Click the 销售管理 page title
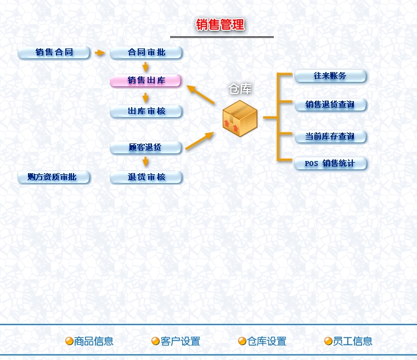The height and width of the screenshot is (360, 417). pyautogui.click(x=220, y=25)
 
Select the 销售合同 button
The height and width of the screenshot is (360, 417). pyautogui.click(x=54, y=53)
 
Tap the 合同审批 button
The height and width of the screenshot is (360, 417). pyautogui.click(x=146, y=53)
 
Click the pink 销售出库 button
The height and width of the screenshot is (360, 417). pyautogui.click(x=146, y=81)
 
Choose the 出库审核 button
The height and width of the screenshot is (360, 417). pyautogui.click(x=146, y=112)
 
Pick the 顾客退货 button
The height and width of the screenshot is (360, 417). pyautogui.click(x=146, y=147)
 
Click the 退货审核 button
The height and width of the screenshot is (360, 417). pyautogui.click(x=146, y=177)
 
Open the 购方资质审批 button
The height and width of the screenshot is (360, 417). pyautogui.click(x=54, y=177)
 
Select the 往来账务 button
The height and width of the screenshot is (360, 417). pyautogui.click(x=330, y=76)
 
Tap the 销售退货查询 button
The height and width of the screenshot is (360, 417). pyautogui.click(x=330, y=104)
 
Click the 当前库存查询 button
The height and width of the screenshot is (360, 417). pyautogui.click(x=330, y=136)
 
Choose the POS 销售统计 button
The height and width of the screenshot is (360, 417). pyautogui.click(x=330, y=163)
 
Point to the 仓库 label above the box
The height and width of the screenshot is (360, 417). pyautogui.click(x=240, y=89)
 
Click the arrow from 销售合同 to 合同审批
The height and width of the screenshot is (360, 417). pyautogui.click(x=99, y=53)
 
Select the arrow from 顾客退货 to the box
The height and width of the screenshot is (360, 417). pyautogui.click(x=199, y=141)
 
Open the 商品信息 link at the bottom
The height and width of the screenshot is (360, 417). pyautogui.click(x=94, y=341)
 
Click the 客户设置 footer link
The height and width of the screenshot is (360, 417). pyautogui.click(x=181, y=341)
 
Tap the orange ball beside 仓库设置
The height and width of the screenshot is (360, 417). pyautogui.click(x=242, y=341)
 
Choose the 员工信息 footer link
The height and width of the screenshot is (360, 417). pyautogui.click(x=352, y=341)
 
